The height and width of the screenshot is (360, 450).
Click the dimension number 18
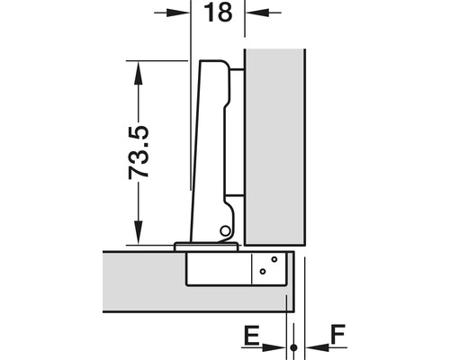(x=218, y=13)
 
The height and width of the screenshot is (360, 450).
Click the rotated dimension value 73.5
(x=139, y=152)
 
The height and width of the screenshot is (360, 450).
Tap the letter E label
(x=251, y=336)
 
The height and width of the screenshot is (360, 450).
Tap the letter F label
(x=338, y=334)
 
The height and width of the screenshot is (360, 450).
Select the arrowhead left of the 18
(x=178, y=13)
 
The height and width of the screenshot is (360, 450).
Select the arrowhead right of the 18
(x=257, y=13)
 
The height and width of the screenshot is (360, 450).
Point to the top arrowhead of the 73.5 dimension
(x=139, y=73)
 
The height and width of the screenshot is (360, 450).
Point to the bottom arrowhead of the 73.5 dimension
(x=139, y=232)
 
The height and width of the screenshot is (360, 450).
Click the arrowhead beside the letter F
(x=318, y=347)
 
